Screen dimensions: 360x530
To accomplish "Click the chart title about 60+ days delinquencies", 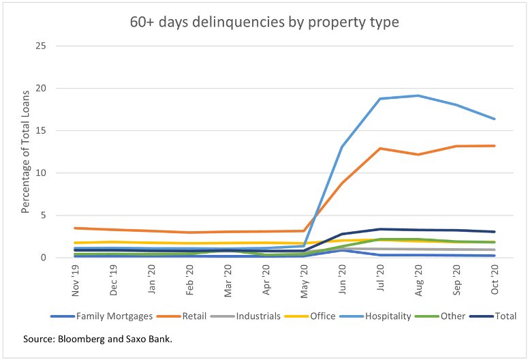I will tap(264, 22).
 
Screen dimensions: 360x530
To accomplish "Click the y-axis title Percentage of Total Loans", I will tap(26, 151).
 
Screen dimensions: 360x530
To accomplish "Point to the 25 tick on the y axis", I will tap(42, 46).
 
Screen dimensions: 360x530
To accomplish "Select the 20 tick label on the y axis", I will tap(42, 88).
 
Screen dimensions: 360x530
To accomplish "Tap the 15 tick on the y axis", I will tap(42, 130).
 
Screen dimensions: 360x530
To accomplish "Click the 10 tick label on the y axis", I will tap(42, 172).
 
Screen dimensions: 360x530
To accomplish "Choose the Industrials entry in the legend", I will tap(260, 316).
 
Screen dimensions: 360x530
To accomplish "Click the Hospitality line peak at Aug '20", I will tap(418, 95).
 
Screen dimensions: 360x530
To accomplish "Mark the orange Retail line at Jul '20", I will tap(379, 148).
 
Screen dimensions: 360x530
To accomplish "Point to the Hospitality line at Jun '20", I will tap(341, 147).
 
